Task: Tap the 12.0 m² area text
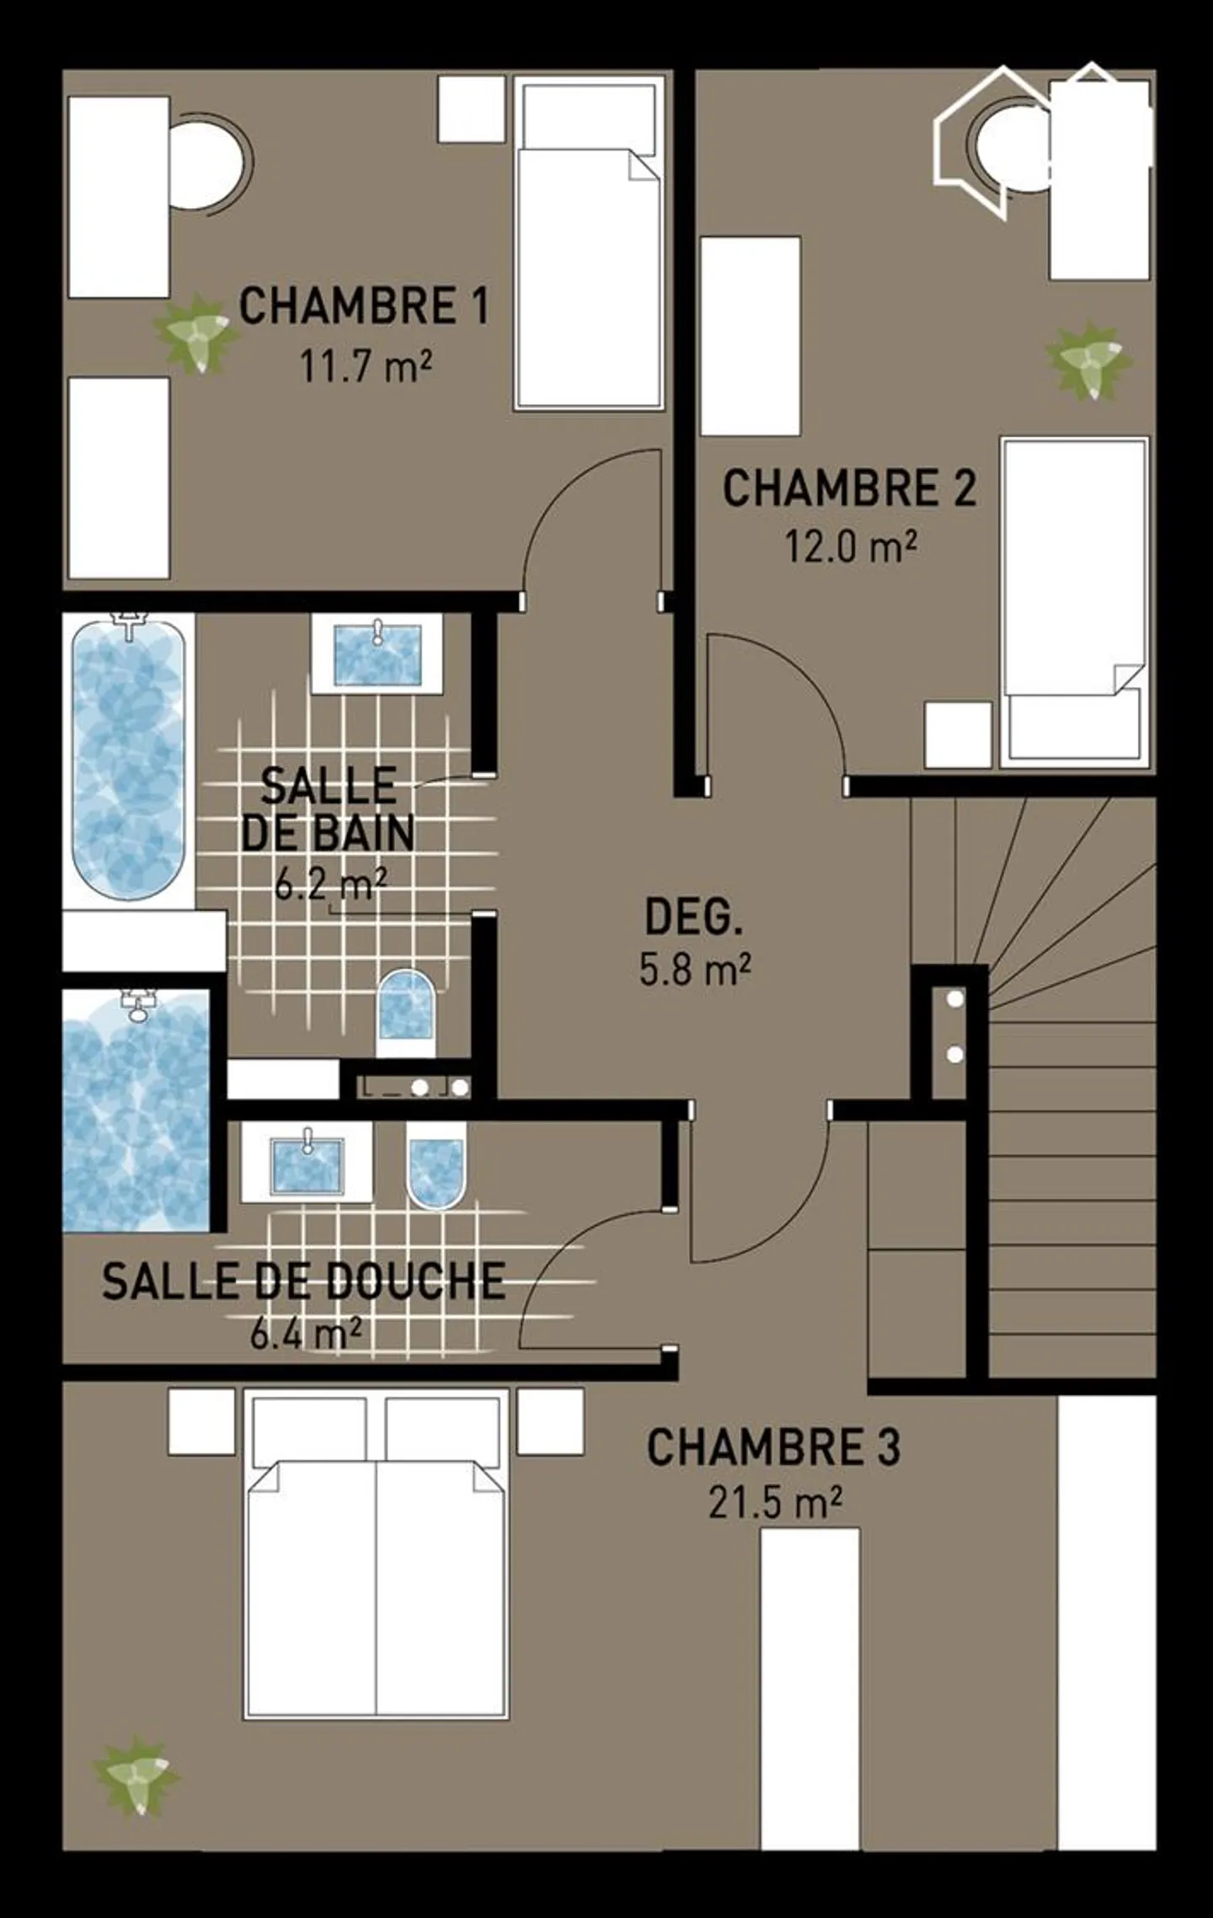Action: [x=851, y=547]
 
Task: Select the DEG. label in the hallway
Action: [x=693, y=917]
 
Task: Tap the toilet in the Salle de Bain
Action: [x=405, y=1010]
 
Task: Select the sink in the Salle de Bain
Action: [x=377, y=654]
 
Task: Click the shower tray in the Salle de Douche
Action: [x=136, y=1111]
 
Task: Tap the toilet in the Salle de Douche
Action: [x=436, y=1164]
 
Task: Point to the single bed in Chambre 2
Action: [x=1075, y=601]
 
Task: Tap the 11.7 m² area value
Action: [x=366, y=367]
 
